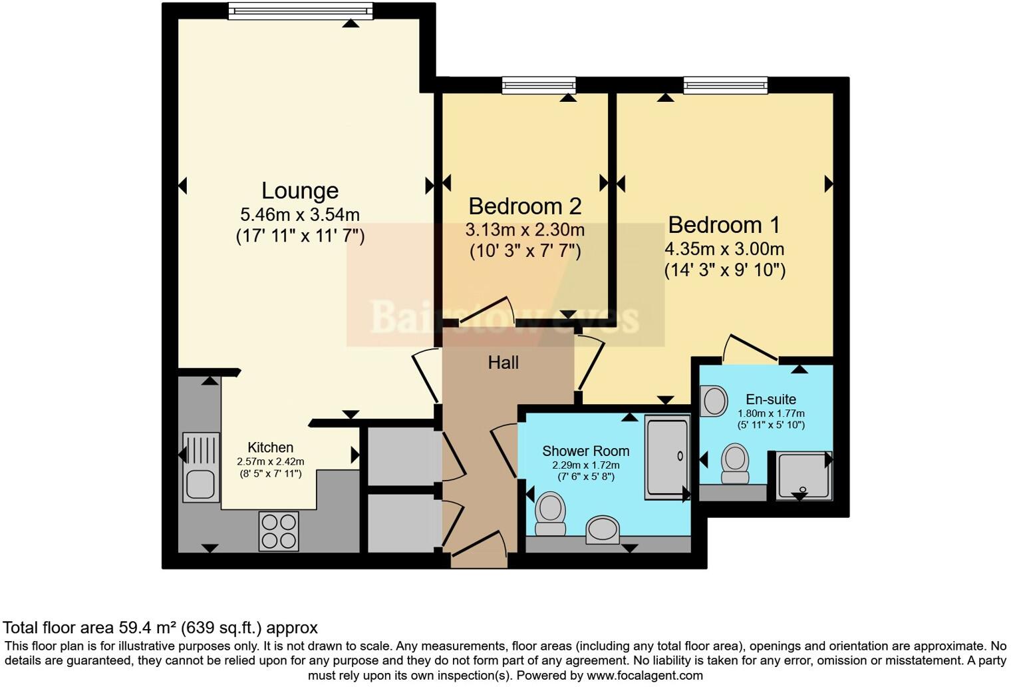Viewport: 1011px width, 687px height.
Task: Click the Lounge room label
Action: (x=299, y=190)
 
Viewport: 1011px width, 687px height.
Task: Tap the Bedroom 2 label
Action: (x=525, y=206)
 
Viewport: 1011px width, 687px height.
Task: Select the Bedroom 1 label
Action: (x=724, y=225)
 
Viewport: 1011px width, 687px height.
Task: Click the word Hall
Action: (x=503, y=363)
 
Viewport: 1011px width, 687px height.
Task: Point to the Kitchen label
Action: (x=270, y=447)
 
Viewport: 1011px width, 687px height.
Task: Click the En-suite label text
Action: (x=771, y=399)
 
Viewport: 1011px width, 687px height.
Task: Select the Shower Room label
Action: (x=585, y=451)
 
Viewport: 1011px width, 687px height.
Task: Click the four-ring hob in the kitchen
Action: (x=279, y=531)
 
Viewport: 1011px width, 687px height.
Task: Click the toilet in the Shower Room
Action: (x=550, y=513)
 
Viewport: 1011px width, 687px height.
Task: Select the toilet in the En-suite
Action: (x=735, y=463)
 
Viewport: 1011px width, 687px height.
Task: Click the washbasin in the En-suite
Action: (x=714, y=401)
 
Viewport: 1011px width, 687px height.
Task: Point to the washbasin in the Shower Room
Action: (x=603, y=530)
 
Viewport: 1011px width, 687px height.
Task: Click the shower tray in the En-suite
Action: (x=803, y=475)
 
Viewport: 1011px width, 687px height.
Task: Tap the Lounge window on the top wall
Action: (x=299, y=11)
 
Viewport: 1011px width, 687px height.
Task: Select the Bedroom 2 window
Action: (x=539, y=85)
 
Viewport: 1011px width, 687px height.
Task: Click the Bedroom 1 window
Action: (x=725, y=85)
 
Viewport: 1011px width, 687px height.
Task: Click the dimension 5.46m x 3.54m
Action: (x=299, y=215)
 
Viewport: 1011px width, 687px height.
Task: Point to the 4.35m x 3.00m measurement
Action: (x=724, y=250)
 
